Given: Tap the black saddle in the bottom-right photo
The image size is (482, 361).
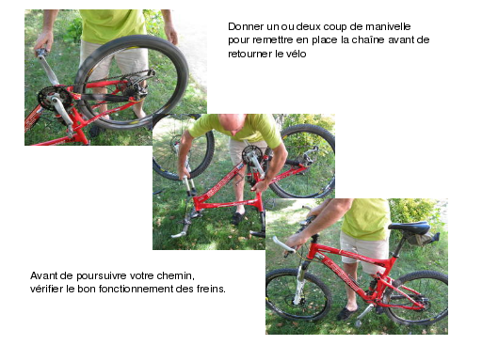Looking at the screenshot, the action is pyautogui.click(x=410, y=228).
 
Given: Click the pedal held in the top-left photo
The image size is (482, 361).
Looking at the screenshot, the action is pyautogui.click(x=40, y=53).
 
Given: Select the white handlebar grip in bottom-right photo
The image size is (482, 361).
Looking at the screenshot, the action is pyautogui.click(x=283, y=244).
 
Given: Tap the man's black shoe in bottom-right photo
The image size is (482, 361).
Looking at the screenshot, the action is pyautogui.click(x=346, y=313).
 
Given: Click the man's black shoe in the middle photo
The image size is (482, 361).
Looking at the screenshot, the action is pyautogui.click(x=238, y=217).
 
